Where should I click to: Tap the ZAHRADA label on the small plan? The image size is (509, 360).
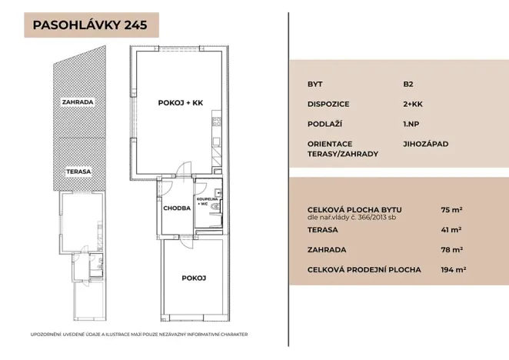(x=78, y=102)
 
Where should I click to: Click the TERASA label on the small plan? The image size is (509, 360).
(x=78, y=172)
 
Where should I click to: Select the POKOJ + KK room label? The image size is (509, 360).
(x=180, y=102)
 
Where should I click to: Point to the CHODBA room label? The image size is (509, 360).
(x=176, y=208)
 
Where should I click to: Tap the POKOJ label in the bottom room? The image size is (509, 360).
(x=194, y=278)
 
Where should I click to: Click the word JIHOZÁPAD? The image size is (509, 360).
(x=425, y=144)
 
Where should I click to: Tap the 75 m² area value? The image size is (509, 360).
(x=451, y=209)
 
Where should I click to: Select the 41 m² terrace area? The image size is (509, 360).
(x=451, y=229)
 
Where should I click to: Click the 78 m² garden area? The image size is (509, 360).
(x=451, y=249)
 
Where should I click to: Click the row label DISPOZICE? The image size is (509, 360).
(x=329, y=104)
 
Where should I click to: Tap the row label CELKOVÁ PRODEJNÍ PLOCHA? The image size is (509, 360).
(x=364, y=269)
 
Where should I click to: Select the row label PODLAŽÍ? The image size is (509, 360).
(x=325, y=124)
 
